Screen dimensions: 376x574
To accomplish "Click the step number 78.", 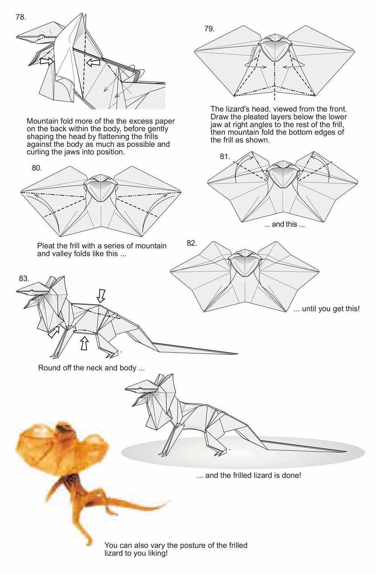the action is pyautogui.click(x=21, y=17).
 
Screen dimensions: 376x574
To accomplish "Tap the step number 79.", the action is pyautogui.click(x=209, y=29).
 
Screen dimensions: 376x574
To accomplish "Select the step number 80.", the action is pyautogui.click(x=36, y=168).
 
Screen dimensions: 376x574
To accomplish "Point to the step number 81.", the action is pyautogui.click(x=224, y=156).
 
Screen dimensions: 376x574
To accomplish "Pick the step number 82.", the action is pyautogui.click(x=192, y=243).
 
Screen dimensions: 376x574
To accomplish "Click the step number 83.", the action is pyautogui.click(x=24, y=279).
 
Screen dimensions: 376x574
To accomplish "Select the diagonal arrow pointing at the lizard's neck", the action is pyautogui.click(x=53, y=332).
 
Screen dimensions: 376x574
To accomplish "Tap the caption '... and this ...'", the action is pyautogui.click(x=284, y=224).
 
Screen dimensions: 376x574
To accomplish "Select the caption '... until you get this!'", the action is pyautogui.click(x=327, y=308).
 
